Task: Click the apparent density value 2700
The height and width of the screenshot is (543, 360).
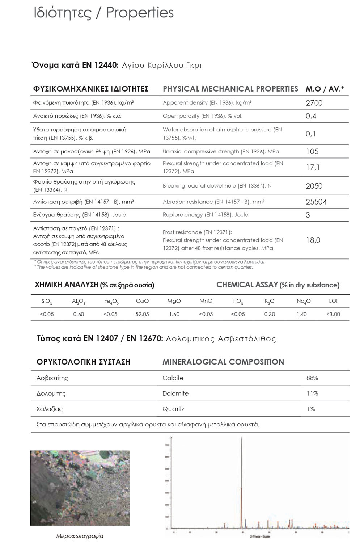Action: (x=314, y=103)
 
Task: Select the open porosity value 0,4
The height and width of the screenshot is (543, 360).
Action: (x=311, y=116)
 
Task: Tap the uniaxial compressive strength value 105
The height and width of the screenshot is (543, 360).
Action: (x=312, y=152)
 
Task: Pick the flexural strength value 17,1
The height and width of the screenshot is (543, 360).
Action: (x=313, y=167)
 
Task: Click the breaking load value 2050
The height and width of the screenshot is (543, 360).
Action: (x=314, y=186)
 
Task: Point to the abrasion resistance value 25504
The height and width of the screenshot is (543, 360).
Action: (x=316, y=202)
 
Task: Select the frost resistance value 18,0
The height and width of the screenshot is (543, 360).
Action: (x=313, y=240)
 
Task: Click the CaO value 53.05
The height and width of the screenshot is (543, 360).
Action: (x=142, y=314)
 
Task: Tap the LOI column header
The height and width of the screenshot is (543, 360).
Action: (x=333, y=301)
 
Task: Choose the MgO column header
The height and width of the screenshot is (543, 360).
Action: (x=174, y=301)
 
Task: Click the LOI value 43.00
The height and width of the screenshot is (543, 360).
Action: (x=333, y=314)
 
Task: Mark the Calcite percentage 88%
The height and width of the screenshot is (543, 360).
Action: (x=312, y=378)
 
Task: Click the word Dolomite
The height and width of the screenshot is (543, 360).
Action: (x=175, y=393)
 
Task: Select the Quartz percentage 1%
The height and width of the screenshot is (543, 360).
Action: (x=310, y=409)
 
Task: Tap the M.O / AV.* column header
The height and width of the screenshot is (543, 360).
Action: (x=325, y=89)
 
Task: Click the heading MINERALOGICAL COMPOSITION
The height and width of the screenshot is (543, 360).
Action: (x=223, y=362)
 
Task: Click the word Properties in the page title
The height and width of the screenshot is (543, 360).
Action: (x=140, y=13)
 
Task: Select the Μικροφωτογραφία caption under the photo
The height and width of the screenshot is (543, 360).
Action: (x=80, y=536)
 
